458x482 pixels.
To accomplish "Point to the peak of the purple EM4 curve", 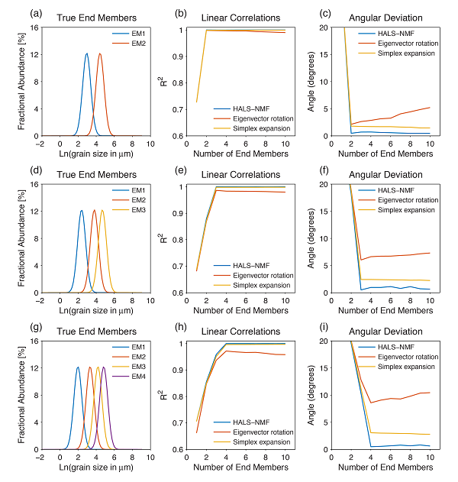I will [104, 367].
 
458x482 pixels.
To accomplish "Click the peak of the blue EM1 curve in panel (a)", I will [86, 53].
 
